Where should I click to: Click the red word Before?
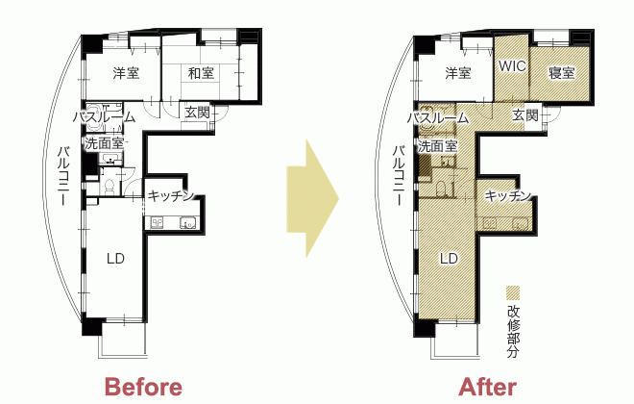(x=143, y=387)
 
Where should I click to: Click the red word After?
(x=488, y=387)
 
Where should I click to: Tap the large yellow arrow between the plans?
(x=312, y=198)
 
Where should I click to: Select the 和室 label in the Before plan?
(x=201, y=74)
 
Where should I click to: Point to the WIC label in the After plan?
(x=512, y=66)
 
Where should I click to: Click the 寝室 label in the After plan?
(x=562, y=73)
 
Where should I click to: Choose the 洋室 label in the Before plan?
(x=126, y=73)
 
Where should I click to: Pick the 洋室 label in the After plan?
(x=458, y=73)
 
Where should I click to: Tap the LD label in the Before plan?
(x=115, y=258)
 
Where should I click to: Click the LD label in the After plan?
(x=449, y=258)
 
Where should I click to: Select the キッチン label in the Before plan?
(x=170, y=196)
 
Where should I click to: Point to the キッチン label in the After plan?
(x=507, y=196)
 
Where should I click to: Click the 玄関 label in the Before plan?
(x=197, y=113)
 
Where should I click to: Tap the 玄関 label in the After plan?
(x=525, y=115)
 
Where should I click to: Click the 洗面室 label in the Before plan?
(x=104, y=143)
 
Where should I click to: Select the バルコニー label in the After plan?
(x=400, y=176)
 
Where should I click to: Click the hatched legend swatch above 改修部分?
(x=513, y=292)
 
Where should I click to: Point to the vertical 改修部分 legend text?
(x=513, y=332)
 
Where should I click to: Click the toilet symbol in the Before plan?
(x=110, y=187)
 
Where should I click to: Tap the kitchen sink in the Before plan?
(x=188, y=223)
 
